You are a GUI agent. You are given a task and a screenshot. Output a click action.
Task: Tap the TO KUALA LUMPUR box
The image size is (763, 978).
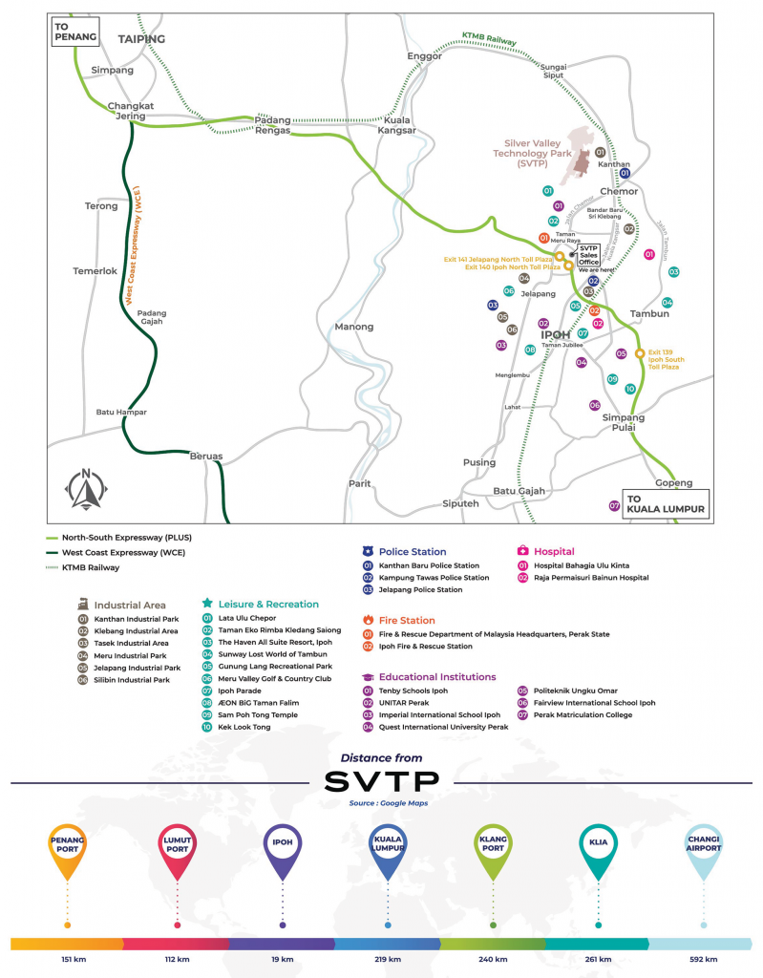[x=667, y=503]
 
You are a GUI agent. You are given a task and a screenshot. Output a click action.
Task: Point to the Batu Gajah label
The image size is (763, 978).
[x=519, y=491]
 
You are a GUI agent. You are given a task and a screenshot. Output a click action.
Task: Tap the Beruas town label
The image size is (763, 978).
[x=205, y=457]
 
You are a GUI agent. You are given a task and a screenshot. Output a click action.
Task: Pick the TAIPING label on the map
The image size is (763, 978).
[x=141, y=39]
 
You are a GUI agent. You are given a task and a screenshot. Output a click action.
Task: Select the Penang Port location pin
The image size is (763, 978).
[x=67, y=850]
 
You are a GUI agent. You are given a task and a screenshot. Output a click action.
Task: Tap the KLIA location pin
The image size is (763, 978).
[x=597, y=850]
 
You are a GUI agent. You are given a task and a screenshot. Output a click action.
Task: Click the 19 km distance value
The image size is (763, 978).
[x=283, y=958]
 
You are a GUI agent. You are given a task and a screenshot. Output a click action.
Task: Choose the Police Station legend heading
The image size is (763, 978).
[x=412, y=552]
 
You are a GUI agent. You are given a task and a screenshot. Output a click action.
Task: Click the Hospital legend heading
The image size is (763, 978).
[x=554, y=552]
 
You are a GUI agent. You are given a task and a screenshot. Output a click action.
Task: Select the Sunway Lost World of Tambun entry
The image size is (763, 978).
[x=270, y=654]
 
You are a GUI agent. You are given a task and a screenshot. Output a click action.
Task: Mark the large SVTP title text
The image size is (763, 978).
[x=381, y=781]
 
